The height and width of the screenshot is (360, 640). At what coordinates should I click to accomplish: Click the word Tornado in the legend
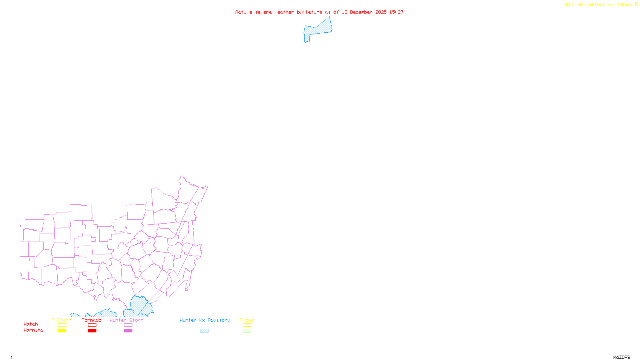point(92,320)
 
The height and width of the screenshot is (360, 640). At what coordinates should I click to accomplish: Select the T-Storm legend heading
point(62,320)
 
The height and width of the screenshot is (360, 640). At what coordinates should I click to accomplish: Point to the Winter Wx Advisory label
point(205,320)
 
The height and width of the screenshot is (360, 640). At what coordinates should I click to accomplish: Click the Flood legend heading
point(247,320)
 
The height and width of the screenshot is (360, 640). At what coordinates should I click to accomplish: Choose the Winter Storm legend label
point(126,320)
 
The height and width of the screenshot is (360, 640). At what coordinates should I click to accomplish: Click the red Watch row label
point(31,324)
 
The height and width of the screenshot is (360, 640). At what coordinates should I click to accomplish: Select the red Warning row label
point(34,330)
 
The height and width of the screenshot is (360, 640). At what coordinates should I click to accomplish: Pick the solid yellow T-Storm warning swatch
point(62,331)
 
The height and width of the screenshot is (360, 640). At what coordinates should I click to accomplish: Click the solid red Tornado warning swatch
point(92,331)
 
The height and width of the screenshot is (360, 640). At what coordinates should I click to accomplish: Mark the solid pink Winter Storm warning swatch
point(128,331)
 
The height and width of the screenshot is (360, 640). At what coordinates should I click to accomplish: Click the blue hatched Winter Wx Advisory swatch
point(204,331)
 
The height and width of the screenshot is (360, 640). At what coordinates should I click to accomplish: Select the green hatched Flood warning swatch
point(247,331)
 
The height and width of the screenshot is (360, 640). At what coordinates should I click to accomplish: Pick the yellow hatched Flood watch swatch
point(247,325)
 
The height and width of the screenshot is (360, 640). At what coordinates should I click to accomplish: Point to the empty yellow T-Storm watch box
point(62,325)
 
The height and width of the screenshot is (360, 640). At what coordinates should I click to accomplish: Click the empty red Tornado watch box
point(92,325)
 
